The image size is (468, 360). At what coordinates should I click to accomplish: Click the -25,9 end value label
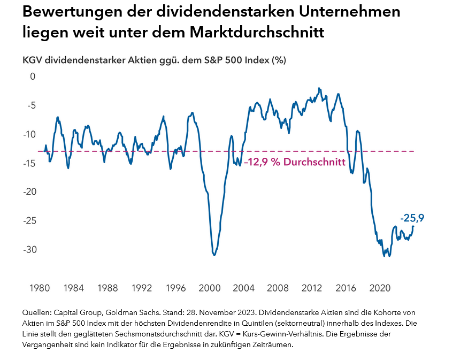412,218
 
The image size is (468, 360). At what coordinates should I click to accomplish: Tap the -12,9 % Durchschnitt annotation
294,162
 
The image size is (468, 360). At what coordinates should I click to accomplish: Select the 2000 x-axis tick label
209,288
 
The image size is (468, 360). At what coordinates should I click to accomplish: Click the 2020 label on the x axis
379,288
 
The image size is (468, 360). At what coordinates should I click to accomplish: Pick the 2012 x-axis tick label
311,288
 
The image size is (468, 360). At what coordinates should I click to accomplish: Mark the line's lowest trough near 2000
214,255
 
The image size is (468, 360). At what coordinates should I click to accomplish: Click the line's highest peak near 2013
319,88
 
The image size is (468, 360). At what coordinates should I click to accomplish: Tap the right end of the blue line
413,226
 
